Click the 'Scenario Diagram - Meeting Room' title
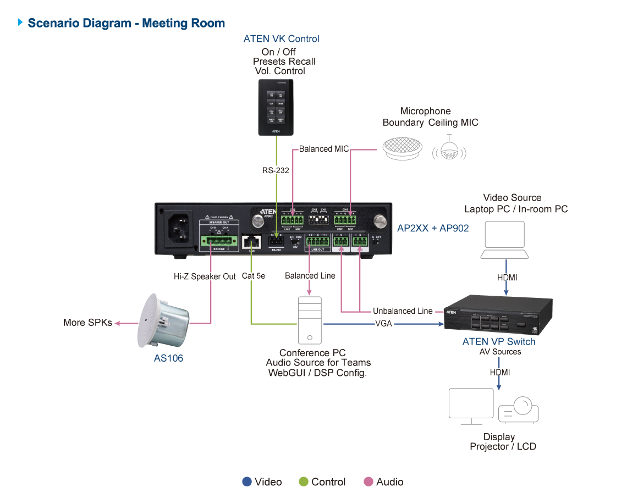point(126,23)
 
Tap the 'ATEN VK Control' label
point(281,39)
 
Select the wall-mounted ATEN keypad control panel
point(276,107)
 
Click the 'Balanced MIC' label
point(323,149)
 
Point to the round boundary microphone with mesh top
point(403,150)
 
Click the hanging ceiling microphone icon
point(449,151)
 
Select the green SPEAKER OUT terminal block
point(219,240)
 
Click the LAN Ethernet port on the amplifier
point(251,241)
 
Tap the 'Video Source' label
point(512,198)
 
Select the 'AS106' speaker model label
point(168,358)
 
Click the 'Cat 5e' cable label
point(254,276)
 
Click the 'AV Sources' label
point(499,352)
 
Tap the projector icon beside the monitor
point(518,409)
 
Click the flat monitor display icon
point(471,405)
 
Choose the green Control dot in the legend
point(304,482)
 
